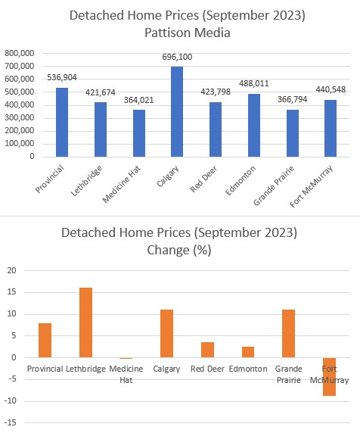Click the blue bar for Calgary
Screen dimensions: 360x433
pyautogui.click(x=177, y=111)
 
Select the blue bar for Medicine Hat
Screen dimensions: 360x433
pyautogui.click(x=139, y=133)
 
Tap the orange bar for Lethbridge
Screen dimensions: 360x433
pyautogui.click(x=85, y=322)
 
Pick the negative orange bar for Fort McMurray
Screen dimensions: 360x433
pyautogui.click(x=330, y=377)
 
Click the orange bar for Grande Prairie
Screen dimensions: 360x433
pyautogui.click(x=289, y=334)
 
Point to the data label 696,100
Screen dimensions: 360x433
pyautogui.click(x=177, y=57)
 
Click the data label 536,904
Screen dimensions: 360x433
pyautogui.click(x=62, y=78)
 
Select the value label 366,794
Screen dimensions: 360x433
pyautogui.click(x=293, y=99)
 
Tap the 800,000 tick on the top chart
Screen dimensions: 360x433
pyautogui.click(x=20, y=53)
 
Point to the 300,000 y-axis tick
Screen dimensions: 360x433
pyautogui.click(x=20, y=118)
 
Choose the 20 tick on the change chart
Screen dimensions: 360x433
pyautogui.click(x=12, y=270)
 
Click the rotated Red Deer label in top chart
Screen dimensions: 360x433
pyautogui.click(x=203, y=179)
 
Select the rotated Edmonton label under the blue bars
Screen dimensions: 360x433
pyautogui.click(x=241, y=180)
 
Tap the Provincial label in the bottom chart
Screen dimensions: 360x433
pyautogui.click(x=45, y=369)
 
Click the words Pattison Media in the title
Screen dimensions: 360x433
pyautogui.click(x=188, y=33)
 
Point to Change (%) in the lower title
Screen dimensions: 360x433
pyautogui.click(x=179, y=251)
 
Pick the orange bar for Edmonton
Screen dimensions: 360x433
pyautogui.click(x=248, y=352)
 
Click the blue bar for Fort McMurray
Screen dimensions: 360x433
pyautogui.click(x=331, y=129)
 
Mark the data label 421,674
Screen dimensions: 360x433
pyautogui.click(x=101, y=92)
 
